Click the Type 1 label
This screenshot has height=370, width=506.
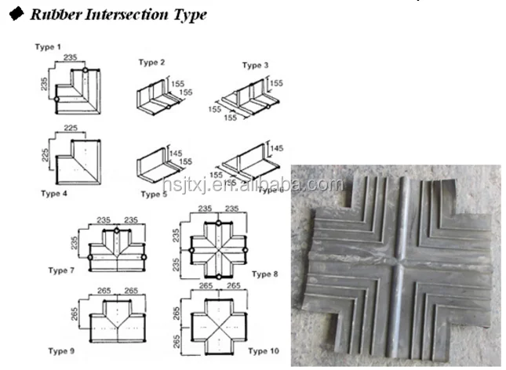tap(45, 48)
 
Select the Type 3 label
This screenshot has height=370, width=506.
tap(255, 65)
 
